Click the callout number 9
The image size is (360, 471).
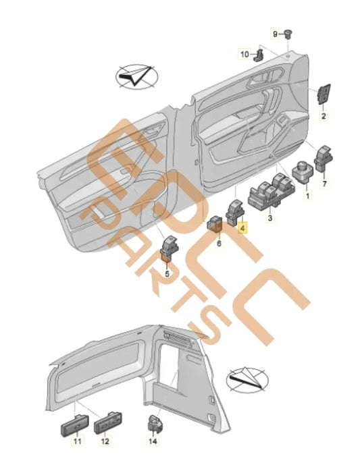pos(275,34)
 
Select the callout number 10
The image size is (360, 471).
pos(245,55)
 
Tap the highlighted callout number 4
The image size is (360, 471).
pos(242,227)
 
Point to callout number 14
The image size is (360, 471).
pos(153,441)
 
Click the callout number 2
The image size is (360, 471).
pos(324,115)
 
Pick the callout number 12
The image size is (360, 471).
pos(105,441)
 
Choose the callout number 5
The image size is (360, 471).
pos(168,274)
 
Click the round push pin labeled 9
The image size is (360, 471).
pos(288,34)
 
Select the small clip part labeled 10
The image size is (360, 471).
pos(259,55)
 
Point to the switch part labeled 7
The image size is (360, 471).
pos(324,159)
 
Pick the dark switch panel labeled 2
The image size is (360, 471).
pos(324,94)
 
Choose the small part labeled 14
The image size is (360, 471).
pos(155,425)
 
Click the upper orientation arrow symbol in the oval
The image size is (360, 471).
pos(137,77)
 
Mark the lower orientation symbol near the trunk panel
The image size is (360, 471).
pos(247,380)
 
